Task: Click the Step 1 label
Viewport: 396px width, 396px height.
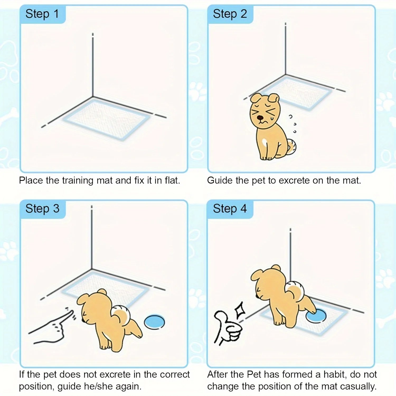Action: tap(42, 14)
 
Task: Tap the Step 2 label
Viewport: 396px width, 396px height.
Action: tap(230, 14)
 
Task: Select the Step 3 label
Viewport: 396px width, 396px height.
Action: tap(42, 209)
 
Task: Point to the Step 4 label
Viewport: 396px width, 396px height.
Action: tap(230, 209)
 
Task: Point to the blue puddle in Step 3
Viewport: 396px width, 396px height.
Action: tap(154, 322)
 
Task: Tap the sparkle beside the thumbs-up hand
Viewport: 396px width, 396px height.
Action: tap(240, 310)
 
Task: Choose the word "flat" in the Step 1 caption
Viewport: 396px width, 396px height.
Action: tap(172, 181)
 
